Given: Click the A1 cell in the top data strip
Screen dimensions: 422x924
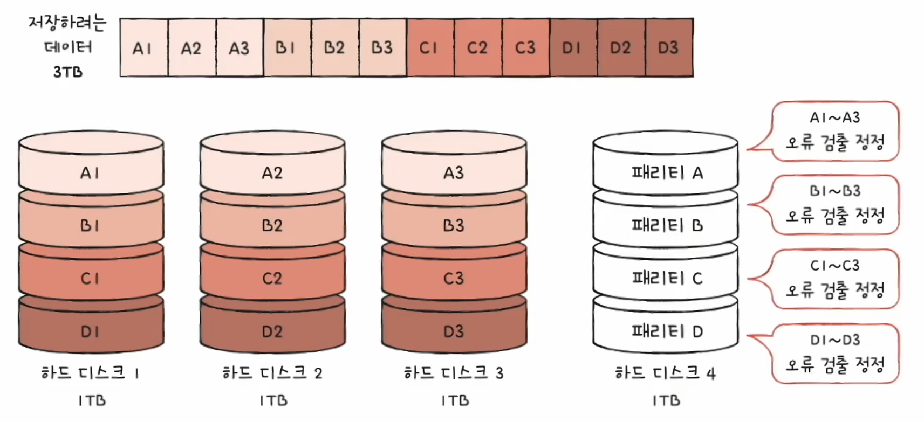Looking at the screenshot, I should click(x=143, y=48).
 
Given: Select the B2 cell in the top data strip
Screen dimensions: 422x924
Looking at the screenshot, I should click(x=334, y=48).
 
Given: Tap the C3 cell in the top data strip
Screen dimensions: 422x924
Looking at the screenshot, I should click(x=526, y=48).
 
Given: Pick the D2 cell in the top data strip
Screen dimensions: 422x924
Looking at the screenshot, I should click(x=621, y=48).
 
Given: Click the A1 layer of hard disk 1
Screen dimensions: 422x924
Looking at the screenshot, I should click(x=91, y=172).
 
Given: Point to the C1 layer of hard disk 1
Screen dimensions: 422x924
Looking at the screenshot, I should click(x=91, y=278).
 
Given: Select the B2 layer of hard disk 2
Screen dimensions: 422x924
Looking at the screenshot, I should click(x=272, y=225).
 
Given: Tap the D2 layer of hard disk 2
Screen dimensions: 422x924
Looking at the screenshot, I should click(x=272, y=331).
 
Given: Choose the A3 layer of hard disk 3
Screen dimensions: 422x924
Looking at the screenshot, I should click(x=454, y=172).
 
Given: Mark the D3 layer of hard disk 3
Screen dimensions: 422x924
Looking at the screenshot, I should click(x=454, y=331).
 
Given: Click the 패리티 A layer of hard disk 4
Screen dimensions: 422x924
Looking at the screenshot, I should click(x=666, y=172).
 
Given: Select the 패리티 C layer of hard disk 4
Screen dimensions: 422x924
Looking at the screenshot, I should click(x=666, y=278).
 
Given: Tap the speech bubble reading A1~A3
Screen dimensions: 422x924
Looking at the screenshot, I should click(x=835, y=131).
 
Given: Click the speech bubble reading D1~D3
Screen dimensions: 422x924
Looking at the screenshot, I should click(x=835, y=353).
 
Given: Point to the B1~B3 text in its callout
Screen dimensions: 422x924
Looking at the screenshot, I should click(x=835, y=191).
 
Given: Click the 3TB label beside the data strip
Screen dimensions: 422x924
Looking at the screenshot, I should click(x=68, y=72).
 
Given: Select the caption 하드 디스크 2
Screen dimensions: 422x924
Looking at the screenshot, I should click(x=272, y=373).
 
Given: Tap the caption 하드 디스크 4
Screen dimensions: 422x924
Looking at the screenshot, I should click(x=666, y=373).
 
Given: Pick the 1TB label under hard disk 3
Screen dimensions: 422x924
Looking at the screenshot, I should click(x=454, y=400).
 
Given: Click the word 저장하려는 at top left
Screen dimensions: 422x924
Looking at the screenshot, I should click(x=67, y=23).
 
